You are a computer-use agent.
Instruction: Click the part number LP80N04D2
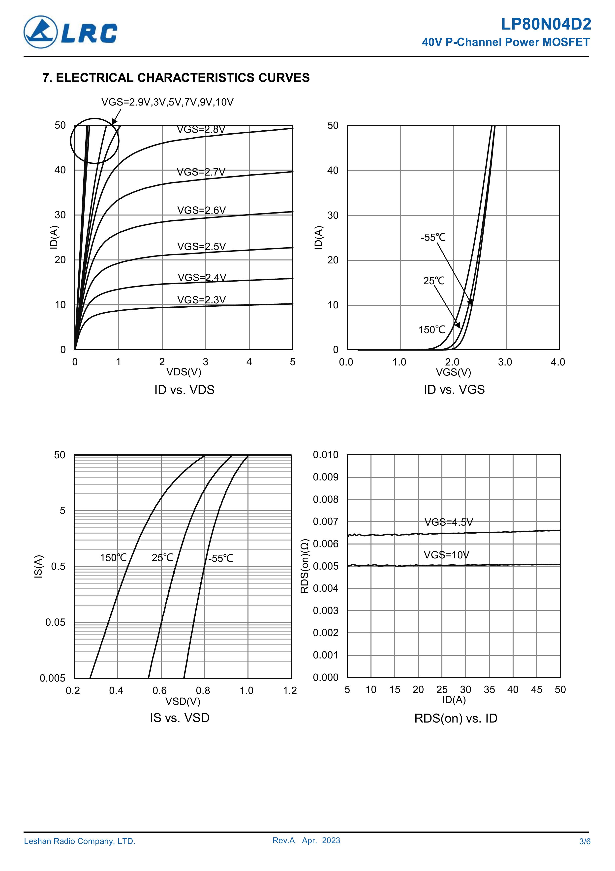pos(546,24)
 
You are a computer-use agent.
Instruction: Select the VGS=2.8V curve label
pos(201,130)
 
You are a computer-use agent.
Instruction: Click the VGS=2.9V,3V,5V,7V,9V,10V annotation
pos(167,102)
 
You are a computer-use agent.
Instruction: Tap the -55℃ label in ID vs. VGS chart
pos(433,237)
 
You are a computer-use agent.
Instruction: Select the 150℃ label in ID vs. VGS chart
pos(431,330)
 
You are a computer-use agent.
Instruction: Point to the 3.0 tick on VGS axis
pos(505,362)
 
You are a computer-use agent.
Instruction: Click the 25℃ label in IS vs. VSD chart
pos(162,558)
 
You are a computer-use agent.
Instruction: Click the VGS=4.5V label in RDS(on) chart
pos(448,522)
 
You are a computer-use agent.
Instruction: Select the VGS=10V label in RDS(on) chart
pos(446,555)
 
